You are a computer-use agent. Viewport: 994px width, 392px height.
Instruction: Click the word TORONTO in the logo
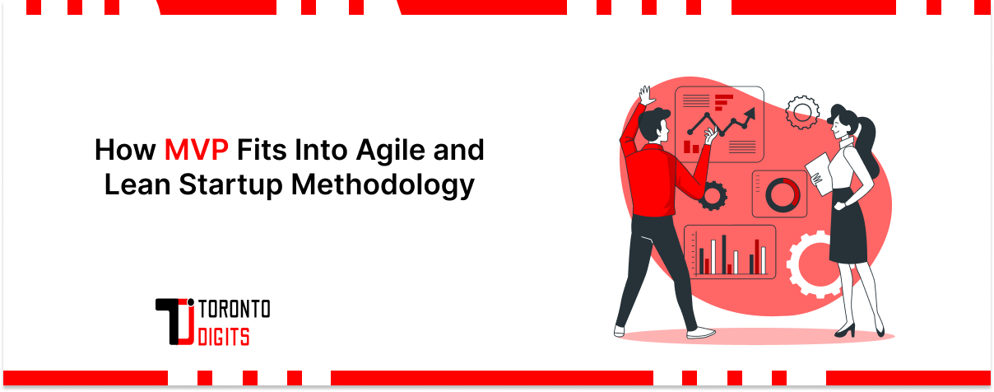point(235,310)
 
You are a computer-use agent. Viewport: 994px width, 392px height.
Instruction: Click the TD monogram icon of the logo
point(175,321)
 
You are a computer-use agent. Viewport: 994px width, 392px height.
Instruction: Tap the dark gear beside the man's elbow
point(712,195)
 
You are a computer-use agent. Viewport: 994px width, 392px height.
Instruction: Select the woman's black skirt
point(848,231)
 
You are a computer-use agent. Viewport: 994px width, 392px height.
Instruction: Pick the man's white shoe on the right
point(701,333)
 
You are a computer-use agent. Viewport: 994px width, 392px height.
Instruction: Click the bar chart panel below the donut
point(730,251)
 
